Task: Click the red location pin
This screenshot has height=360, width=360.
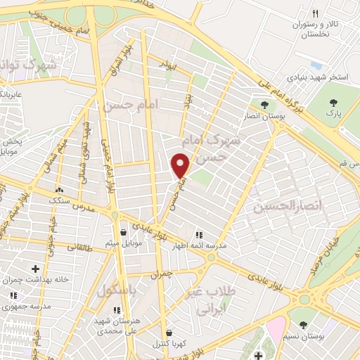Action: (181, 165)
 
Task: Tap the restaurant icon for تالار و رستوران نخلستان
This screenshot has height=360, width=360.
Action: (316, 13)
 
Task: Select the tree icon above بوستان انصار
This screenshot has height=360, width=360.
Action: (264, 105)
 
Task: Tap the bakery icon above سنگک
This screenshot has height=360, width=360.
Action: (59, 190)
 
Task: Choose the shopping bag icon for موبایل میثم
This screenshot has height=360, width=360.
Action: (124, 232)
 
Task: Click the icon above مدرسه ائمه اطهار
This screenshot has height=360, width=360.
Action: (199, 234)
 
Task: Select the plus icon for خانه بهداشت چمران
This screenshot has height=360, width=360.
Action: (36, 268)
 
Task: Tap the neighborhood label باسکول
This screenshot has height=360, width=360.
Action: (116, 290)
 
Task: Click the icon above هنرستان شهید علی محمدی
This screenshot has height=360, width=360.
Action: (117, 309)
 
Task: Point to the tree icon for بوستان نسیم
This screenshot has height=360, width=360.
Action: (302, 325)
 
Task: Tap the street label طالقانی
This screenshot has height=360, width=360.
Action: (79, 246)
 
